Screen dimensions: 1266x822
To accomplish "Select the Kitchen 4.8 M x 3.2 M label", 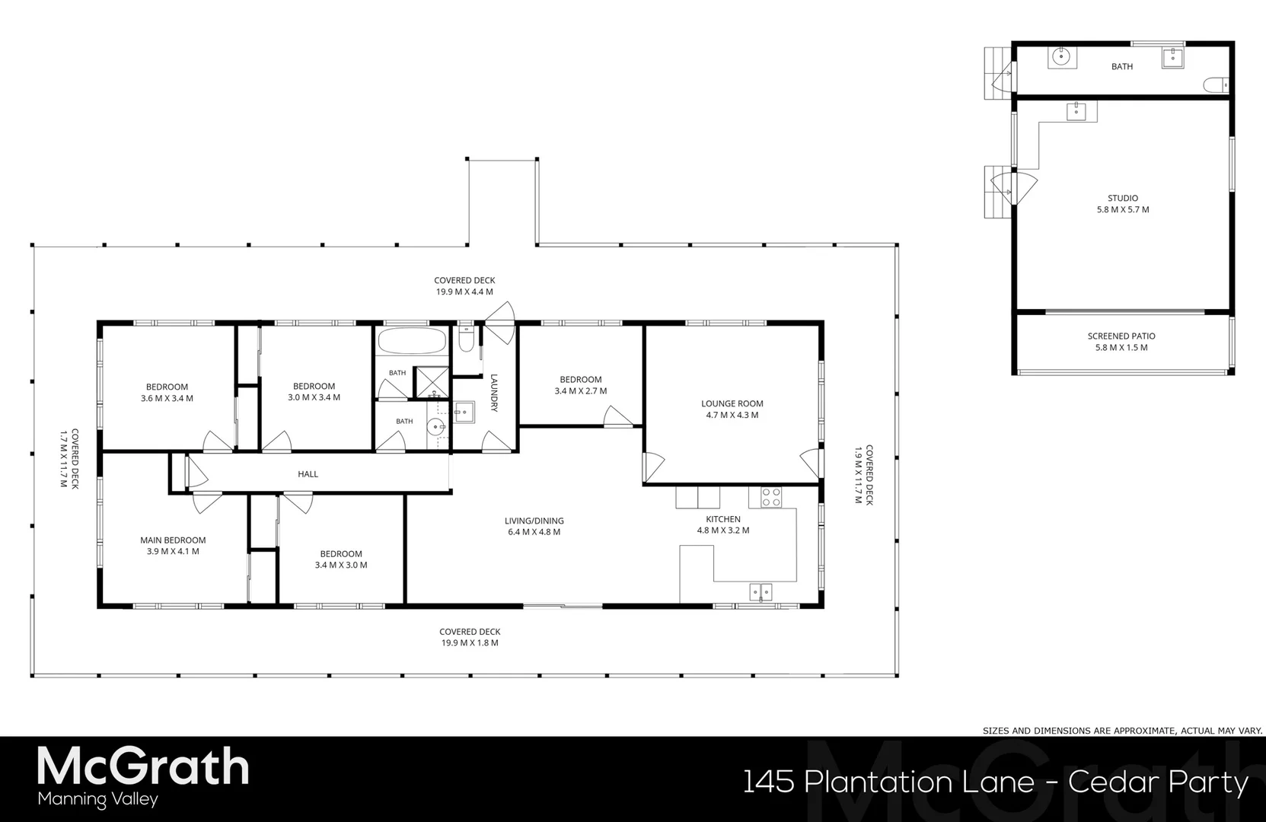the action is point(723,525).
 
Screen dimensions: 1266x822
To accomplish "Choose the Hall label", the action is point(308,474).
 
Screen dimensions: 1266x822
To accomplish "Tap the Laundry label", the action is point(494,393).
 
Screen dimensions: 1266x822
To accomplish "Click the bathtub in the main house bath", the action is point(411,341).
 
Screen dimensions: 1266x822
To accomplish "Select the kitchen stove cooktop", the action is point(771,497).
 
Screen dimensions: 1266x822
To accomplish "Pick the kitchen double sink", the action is point(761,591).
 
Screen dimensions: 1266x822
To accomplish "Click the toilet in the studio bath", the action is point(1215,85).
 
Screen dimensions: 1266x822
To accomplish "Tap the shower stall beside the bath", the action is point(431,382).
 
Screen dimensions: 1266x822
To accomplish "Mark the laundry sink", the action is point(464,413).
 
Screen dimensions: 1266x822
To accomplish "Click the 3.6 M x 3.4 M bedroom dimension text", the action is point(167,398).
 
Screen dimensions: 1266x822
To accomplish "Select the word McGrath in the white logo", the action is point(143,766).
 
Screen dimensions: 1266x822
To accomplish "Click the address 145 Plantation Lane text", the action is point(888,782).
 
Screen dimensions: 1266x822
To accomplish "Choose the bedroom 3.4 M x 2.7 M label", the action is point(580,385).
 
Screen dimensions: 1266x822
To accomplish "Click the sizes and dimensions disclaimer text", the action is point(1122,731).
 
